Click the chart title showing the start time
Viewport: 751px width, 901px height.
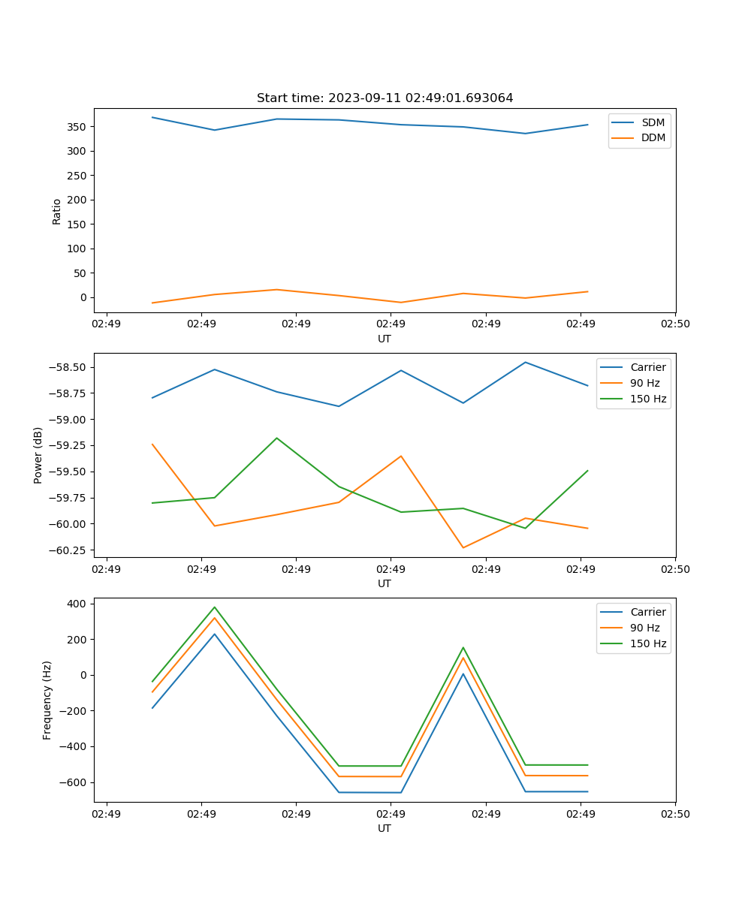[385, 98]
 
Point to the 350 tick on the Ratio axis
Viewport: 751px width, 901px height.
[77, 127]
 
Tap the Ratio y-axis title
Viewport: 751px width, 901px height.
[57, 211]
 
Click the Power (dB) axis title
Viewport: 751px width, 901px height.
[38, 455]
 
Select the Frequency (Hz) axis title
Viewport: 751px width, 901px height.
[47, 700]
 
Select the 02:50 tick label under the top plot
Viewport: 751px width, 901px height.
[675, 324]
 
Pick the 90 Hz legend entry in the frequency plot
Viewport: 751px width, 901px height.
[645, 628]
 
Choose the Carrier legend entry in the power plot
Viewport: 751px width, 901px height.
[648, 367]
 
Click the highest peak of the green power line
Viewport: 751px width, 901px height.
[276, 438]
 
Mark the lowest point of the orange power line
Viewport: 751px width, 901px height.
[463, 547]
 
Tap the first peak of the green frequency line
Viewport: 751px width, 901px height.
[214, 607]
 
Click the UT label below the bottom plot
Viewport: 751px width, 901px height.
[385, 828]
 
